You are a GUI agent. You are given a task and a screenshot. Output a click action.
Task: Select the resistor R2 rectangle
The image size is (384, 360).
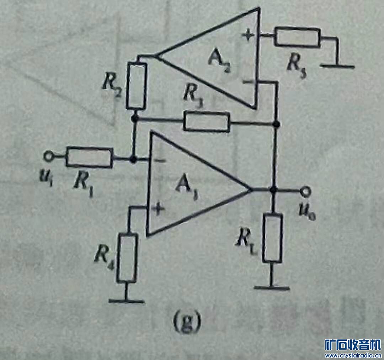[x=136, y=85]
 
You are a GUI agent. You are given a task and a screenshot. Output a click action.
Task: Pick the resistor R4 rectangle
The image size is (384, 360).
[x=127, y=258]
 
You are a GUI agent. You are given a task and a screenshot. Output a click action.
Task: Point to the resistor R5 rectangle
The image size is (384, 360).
[x=297, y=37]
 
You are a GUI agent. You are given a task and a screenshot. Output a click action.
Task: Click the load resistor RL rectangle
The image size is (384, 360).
[x=273, y=238]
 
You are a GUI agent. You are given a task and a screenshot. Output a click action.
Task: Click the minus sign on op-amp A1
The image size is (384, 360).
[x=161, y=161]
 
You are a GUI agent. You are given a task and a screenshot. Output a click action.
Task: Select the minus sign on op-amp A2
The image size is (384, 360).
[x=247, y=83]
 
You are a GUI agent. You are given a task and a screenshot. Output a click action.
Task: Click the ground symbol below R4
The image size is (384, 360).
[x=126, y=301]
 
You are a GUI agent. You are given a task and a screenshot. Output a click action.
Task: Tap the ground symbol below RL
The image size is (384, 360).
[x=272, y=288]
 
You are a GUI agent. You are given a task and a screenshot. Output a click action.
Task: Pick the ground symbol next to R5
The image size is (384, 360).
[x=337, y=65]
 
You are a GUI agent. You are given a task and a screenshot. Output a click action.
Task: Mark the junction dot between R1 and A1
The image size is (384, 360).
[x=134, y=160]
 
